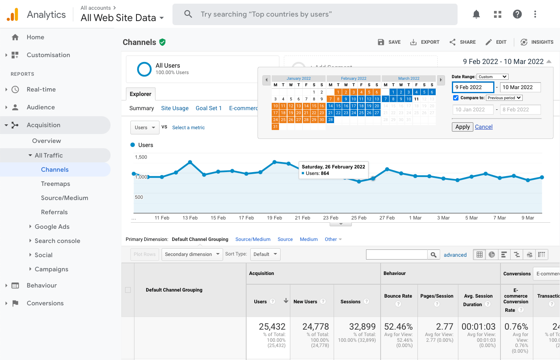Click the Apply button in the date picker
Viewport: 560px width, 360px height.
pyautogui.click(x=462, y=127)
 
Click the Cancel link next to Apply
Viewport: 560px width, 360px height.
pyautogui.click(x=483, y=127)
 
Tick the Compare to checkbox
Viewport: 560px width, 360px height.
pyautogui.click(x=456, y=98)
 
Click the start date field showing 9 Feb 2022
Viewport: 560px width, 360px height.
pyautogui.click(x=473, y=87)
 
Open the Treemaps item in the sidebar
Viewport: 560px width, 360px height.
pyautogui.click(x=55, y=184)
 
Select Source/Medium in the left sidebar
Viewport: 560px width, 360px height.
pyautogui.click(x=64, y=198)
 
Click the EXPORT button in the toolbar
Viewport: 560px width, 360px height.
pyautogui.click(x=425, y=42)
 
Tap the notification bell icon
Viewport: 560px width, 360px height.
pyautogui.click(x=476, y=15)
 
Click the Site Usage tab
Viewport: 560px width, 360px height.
pyautogui.click(x=175, y=108)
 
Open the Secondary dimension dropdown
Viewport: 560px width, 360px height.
pyautogui.click(x=192, y=254)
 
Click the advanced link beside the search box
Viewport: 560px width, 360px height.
pyautogui.click(x=455, y=255)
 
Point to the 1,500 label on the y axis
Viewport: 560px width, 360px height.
pyautogui.click(x=141, y=157)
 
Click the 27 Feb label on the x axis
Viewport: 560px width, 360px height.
pyautogui.click(x=387, y=218)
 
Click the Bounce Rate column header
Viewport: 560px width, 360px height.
pyautogui.click(x=398, y=296)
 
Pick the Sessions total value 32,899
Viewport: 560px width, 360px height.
pyautogui.click(x=362, y=326)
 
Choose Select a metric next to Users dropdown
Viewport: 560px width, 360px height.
pyautogui.click(x=188, y=128)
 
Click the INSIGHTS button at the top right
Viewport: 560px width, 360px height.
pyautogui.click(x=537, y=42)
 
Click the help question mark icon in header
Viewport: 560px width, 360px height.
pyautogui.click(x=517, y=15)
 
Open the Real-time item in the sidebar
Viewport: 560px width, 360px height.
pyautogui.click(x=41, y=89)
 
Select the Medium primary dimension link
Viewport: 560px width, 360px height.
pyautogui.click(x=309, y=239)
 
